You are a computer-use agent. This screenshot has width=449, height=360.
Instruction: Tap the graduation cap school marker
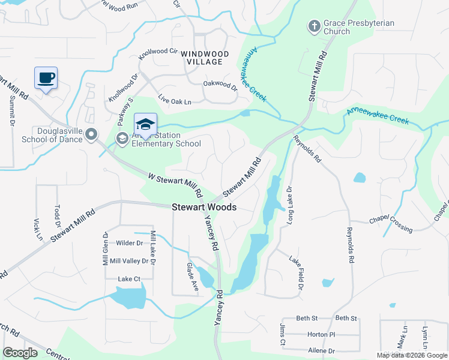point(145,124)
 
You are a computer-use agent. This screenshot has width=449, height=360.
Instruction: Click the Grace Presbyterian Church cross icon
point(314,26)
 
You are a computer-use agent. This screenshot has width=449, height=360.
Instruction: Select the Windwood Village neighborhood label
point(205,58)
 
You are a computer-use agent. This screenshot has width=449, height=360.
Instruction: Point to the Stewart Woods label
point(204,207)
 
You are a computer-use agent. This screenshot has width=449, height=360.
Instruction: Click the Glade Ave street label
point(192,277)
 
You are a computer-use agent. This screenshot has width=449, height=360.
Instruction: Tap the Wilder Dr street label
point(130,243)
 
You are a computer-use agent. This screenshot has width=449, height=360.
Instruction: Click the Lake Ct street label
point(129,279)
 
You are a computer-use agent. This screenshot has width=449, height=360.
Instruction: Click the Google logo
point(20,353)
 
